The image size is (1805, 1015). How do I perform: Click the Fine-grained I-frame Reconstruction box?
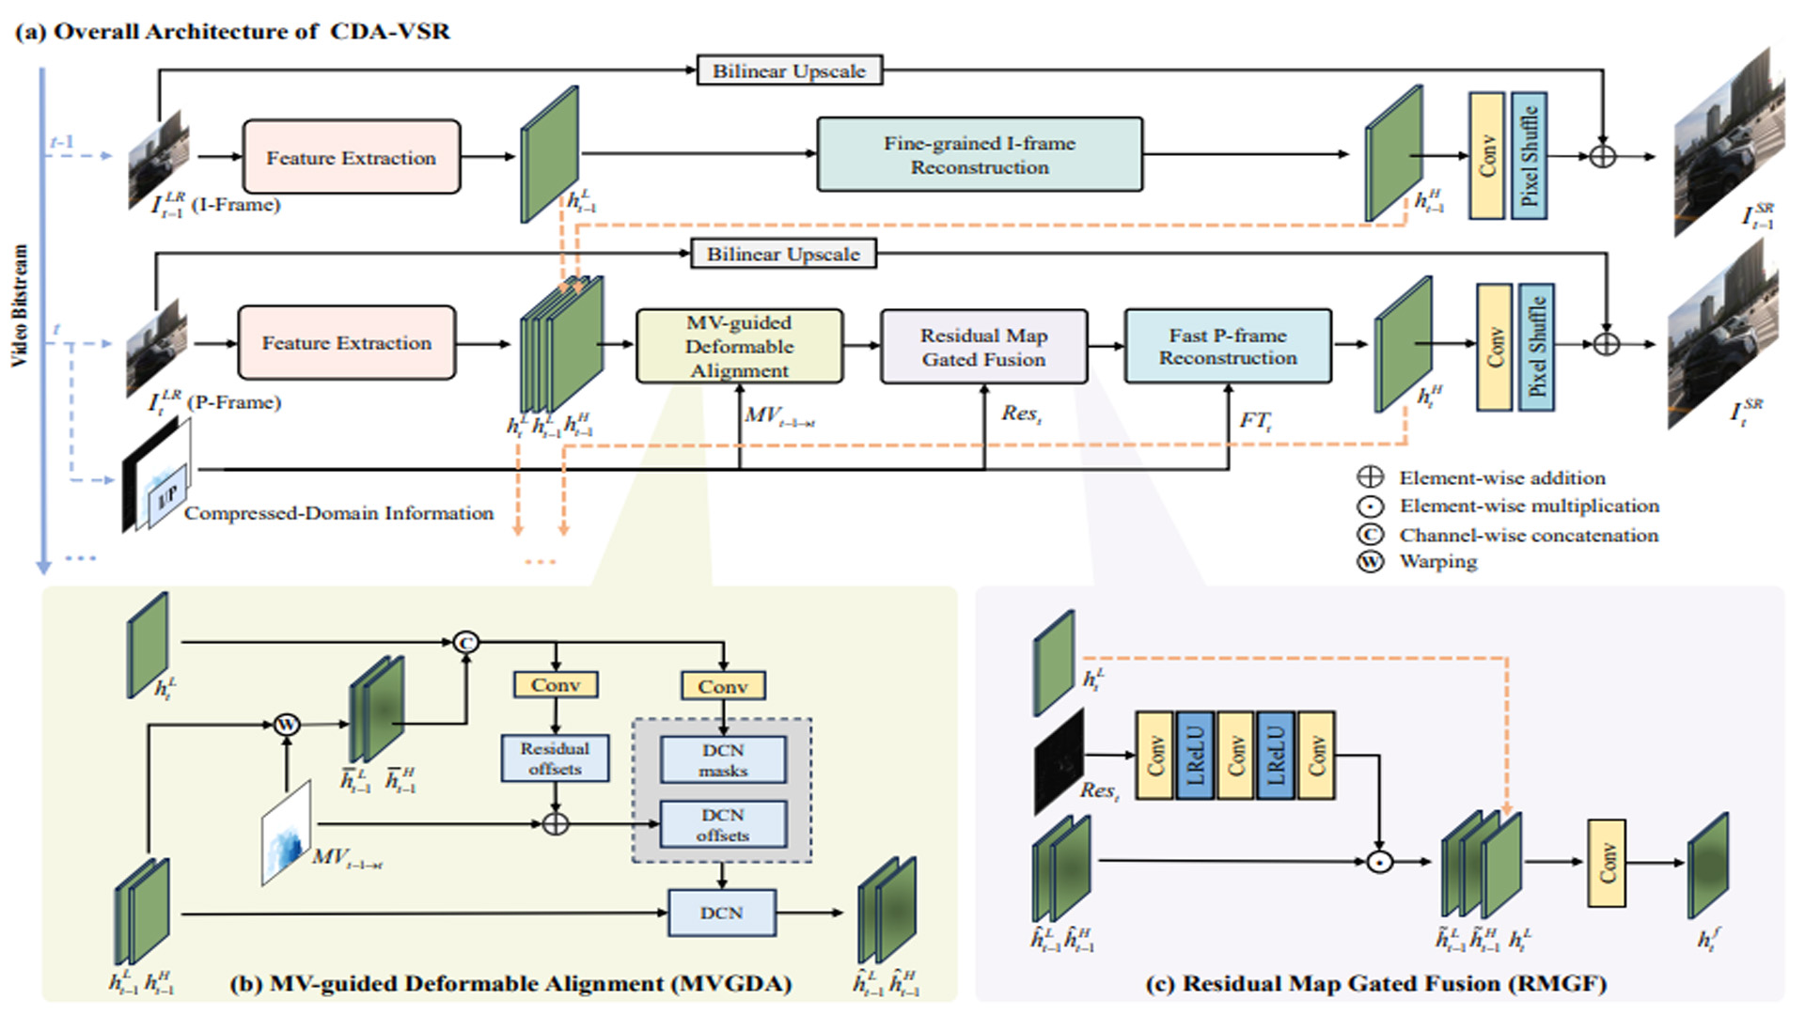click(x=980, y=155)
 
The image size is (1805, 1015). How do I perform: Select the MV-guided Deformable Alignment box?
click(x=739, y=346)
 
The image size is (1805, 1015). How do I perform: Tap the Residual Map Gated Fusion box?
click(x=983, y=347)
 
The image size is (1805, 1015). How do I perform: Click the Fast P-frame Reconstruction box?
click(x=1227, y=346)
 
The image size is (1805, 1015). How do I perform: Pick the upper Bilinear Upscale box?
click(x=789, y=70)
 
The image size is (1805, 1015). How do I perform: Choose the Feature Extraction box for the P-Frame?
click(x=346, y=343)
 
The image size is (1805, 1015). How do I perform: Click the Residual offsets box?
click(x=555, y=757)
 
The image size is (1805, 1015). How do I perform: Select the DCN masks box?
click(x=722, y=759)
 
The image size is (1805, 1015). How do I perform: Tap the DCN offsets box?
click(x=722, y=824)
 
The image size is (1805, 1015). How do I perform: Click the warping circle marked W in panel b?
click(x=287, y=724)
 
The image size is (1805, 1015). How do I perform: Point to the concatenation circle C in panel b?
click(x=465, y=643)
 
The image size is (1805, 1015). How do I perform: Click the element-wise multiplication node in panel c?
click(x=1378, y=861)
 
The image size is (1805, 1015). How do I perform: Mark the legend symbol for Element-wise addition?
click(x=1371, y=477)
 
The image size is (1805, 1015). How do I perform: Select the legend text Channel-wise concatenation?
click(x=1529, y=535)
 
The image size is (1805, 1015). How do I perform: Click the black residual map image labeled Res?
click(x=1059, y=761)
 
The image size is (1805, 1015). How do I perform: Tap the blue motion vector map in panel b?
click(x=287, y=833)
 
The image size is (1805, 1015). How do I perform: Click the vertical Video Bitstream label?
click(x=20, y=305)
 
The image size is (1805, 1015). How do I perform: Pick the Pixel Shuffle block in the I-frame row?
click(x=1529, y=156)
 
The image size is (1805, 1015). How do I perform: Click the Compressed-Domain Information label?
click(x=338, y=513)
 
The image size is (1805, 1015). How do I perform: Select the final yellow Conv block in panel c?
click(x=1606, y=863)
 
